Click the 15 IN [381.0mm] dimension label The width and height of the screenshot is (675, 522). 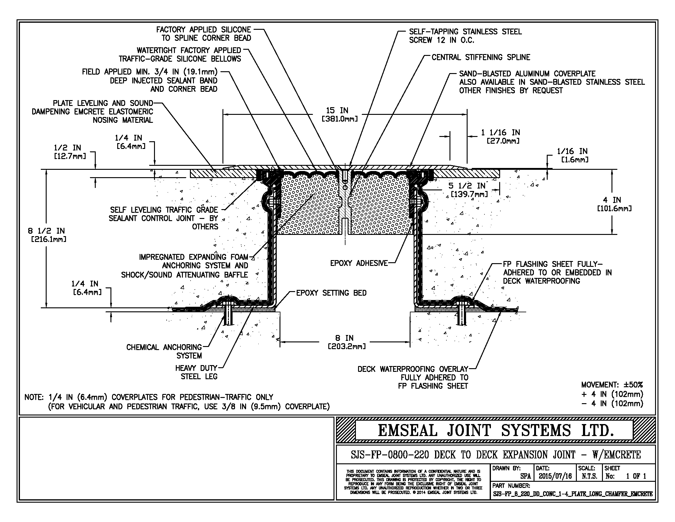(340, 115)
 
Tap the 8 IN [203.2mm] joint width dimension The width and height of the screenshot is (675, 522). (346, 342)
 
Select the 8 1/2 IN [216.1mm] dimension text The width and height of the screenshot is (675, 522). (47, 235)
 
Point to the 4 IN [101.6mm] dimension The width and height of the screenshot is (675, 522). (614, 204)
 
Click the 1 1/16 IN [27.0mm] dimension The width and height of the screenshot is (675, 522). (501, 137)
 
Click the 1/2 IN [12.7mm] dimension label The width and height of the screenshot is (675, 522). (71, 152)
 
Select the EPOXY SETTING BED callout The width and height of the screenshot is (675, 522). (331, 293)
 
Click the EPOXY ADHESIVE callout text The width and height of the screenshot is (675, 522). (359, 263)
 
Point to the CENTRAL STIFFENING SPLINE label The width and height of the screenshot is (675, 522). (481, 57)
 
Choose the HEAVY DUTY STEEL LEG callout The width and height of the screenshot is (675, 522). (197, 372)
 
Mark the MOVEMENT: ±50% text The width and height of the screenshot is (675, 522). (612, 385)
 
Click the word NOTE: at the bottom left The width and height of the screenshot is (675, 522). (34, 397)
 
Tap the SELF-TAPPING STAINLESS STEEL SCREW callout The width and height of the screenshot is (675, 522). (465, 36)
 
